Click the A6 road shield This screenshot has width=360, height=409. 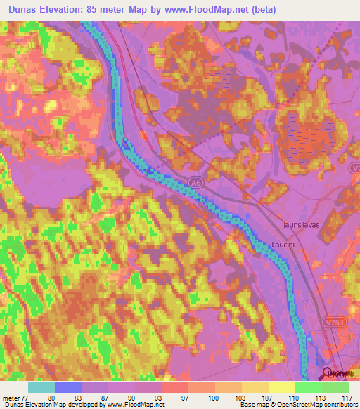195,183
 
